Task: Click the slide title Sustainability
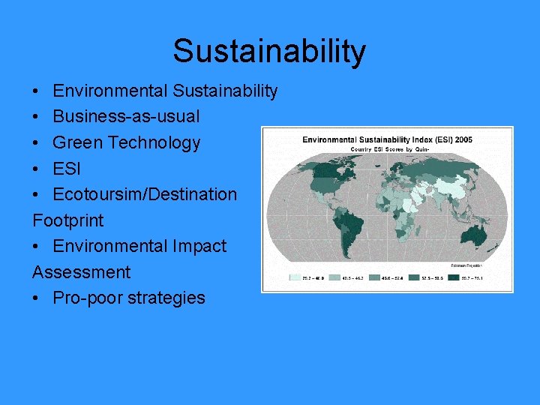point(269,51)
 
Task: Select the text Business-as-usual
point(126,117)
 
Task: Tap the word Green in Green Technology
point(74,142)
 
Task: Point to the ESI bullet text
point(66,168)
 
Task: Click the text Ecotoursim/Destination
point(145,194)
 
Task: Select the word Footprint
point(68,220)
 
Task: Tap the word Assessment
point(81,272)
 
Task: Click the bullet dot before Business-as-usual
point(37,117)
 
